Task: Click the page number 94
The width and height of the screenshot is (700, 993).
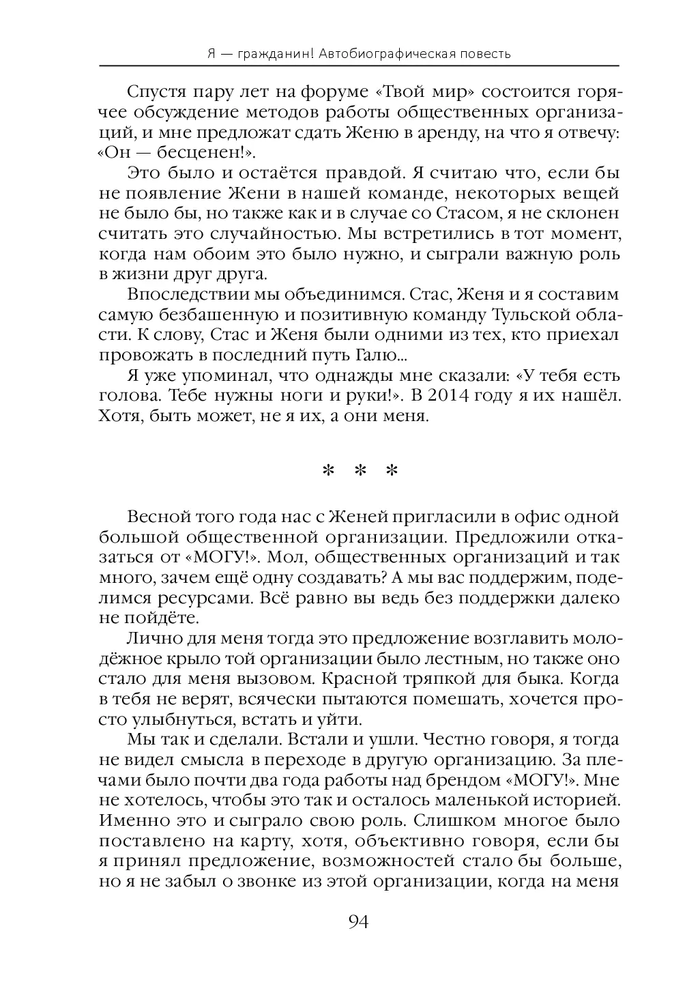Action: [358, 922]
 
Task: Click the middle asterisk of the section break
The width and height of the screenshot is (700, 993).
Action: [359, 472]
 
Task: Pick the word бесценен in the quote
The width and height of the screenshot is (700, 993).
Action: [203, 151]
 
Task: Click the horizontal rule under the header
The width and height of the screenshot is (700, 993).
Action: [359, 66]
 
